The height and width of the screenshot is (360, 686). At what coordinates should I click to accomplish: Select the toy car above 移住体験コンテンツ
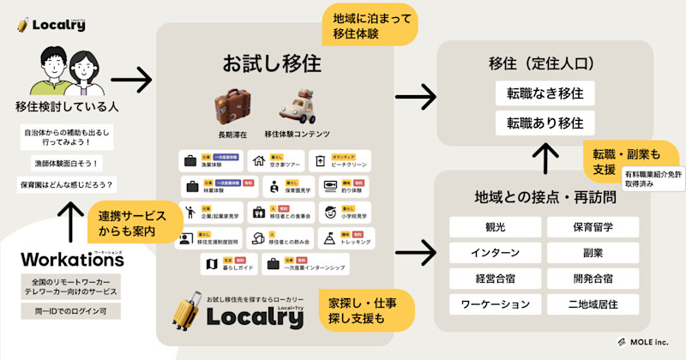[297, 107]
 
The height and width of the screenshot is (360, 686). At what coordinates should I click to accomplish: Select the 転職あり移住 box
[545, 122]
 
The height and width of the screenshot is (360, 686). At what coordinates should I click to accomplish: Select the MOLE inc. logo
[645, 341]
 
